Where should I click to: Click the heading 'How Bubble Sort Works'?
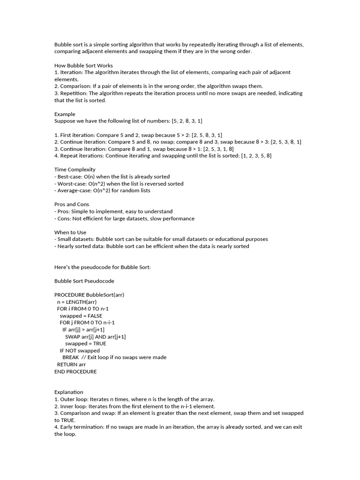83,65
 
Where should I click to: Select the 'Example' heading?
65,114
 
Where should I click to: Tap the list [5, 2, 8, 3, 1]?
187,121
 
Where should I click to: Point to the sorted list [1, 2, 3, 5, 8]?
256,156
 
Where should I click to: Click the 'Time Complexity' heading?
75,169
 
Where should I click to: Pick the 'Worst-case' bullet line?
119,184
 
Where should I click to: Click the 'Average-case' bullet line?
102,190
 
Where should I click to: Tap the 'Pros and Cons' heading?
72,204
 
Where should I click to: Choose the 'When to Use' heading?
70,232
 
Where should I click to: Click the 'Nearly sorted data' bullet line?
152,246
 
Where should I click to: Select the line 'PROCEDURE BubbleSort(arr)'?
90,294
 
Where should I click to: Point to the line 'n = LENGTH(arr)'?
77,302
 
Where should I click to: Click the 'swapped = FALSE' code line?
81,315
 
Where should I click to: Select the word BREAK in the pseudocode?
70,357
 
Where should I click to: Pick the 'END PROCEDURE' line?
75,371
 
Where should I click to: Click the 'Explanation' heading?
68,392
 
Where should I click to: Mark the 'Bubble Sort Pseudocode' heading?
84,281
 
